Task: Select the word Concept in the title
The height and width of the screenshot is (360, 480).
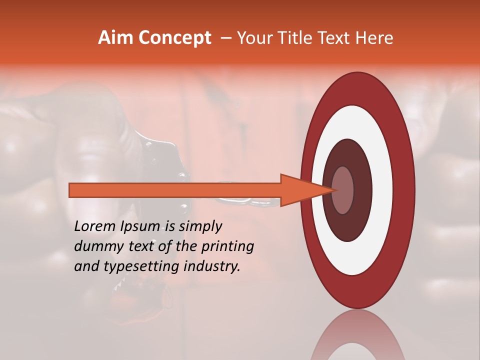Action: [x=175, y=38]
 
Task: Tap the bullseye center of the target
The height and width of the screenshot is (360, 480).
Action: [x=343, y=190]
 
